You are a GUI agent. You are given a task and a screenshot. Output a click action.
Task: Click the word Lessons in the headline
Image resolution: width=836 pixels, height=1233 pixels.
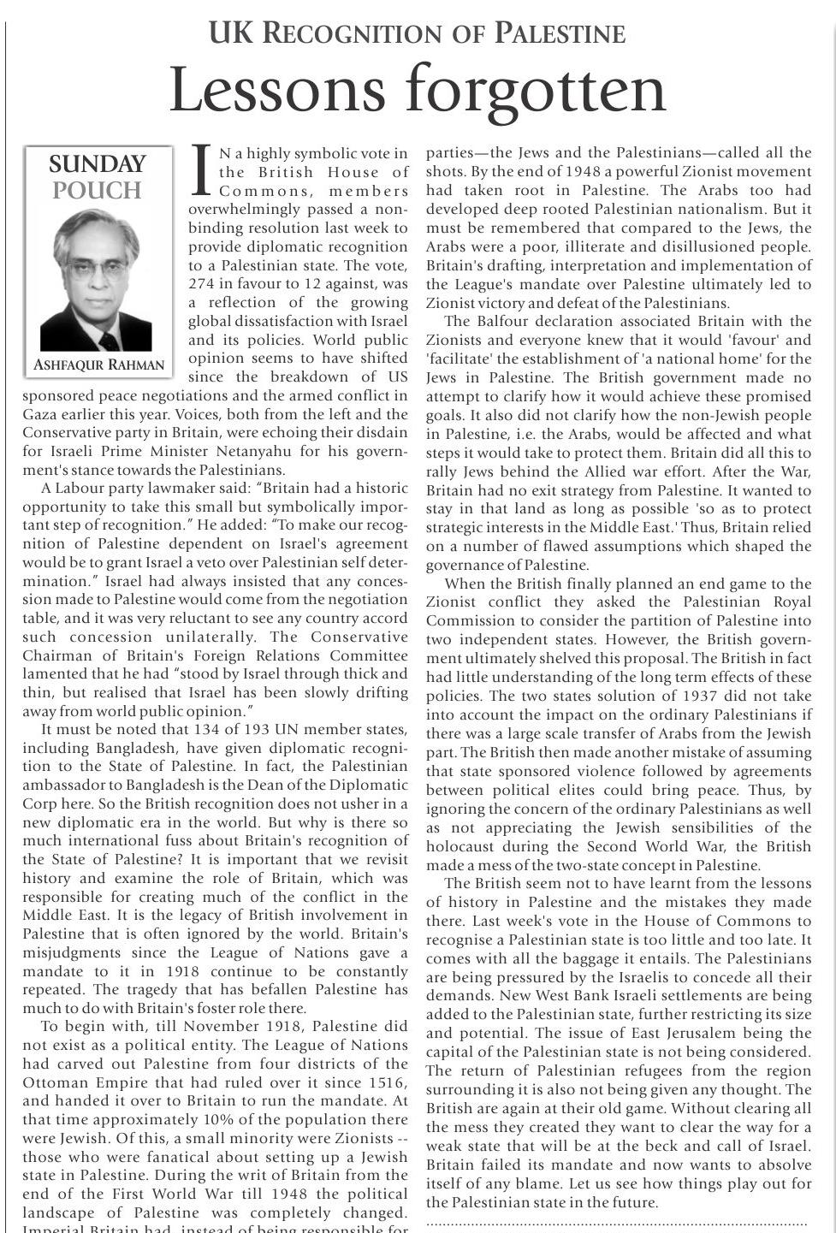[279, 90]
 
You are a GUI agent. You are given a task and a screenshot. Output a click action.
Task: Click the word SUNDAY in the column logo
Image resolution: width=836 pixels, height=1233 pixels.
[98, 164]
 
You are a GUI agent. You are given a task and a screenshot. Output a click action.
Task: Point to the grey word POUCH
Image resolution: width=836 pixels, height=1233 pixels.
[97, 190]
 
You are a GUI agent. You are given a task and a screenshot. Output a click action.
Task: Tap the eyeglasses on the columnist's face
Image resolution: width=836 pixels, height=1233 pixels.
[95, 268]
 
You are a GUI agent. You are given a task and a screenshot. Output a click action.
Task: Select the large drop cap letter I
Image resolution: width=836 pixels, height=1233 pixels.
[201, 169]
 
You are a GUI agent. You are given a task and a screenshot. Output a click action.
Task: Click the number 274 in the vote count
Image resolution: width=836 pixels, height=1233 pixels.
[203, 284]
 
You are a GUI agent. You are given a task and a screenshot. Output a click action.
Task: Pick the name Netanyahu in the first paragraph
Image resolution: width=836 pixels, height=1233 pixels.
[276, 452]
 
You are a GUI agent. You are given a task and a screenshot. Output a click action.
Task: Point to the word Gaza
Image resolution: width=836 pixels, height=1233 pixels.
[39, 414]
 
